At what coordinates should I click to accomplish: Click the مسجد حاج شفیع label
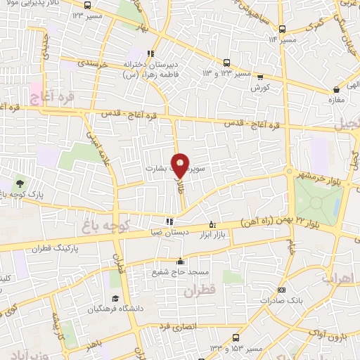tap(180, 270)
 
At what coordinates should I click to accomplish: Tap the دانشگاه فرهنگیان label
tap(112, 310)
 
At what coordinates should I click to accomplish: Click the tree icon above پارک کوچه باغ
tap(19, 182)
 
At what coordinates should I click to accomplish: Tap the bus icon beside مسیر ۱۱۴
tap(282, 29)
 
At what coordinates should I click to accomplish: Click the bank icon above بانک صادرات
tap(281, 290)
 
